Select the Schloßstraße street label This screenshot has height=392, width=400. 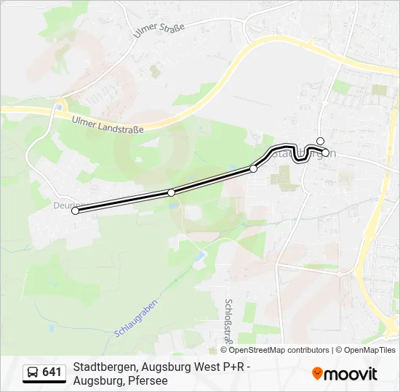coord(228,320)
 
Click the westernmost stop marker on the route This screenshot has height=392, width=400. coord(75,211)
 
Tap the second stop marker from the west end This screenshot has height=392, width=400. coord(171,192)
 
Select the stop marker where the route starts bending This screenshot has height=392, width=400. coord(253,168)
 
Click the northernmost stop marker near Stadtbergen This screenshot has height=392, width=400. coord(320,141)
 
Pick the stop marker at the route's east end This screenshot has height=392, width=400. coord(326,152)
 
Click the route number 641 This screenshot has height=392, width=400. coord(52,372)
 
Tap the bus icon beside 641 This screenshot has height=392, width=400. coord(33,373)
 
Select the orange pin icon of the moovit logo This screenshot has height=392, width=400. coord(317,374)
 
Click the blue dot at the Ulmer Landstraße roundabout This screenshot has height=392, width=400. coord(58,108)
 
